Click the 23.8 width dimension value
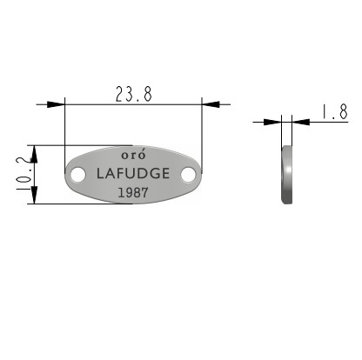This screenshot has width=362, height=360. click(x=134, y=94)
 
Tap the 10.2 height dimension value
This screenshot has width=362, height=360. click(x=23, y=174)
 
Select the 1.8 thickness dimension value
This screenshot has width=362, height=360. click(x=335, y=112)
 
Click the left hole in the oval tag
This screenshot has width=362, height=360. click(x=78, y=175)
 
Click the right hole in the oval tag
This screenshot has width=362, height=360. click(x=188, y=175)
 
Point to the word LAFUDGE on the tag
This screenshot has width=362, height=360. click(x=133, y=173)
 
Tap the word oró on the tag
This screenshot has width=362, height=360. click(x=133, y=155)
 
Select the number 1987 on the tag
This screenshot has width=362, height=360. click(x=133, y=192)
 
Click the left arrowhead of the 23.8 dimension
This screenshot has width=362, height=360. click(x=56, y=104)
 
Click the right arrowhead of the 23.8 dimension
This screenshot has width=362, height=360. click(x=211, y=104)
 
